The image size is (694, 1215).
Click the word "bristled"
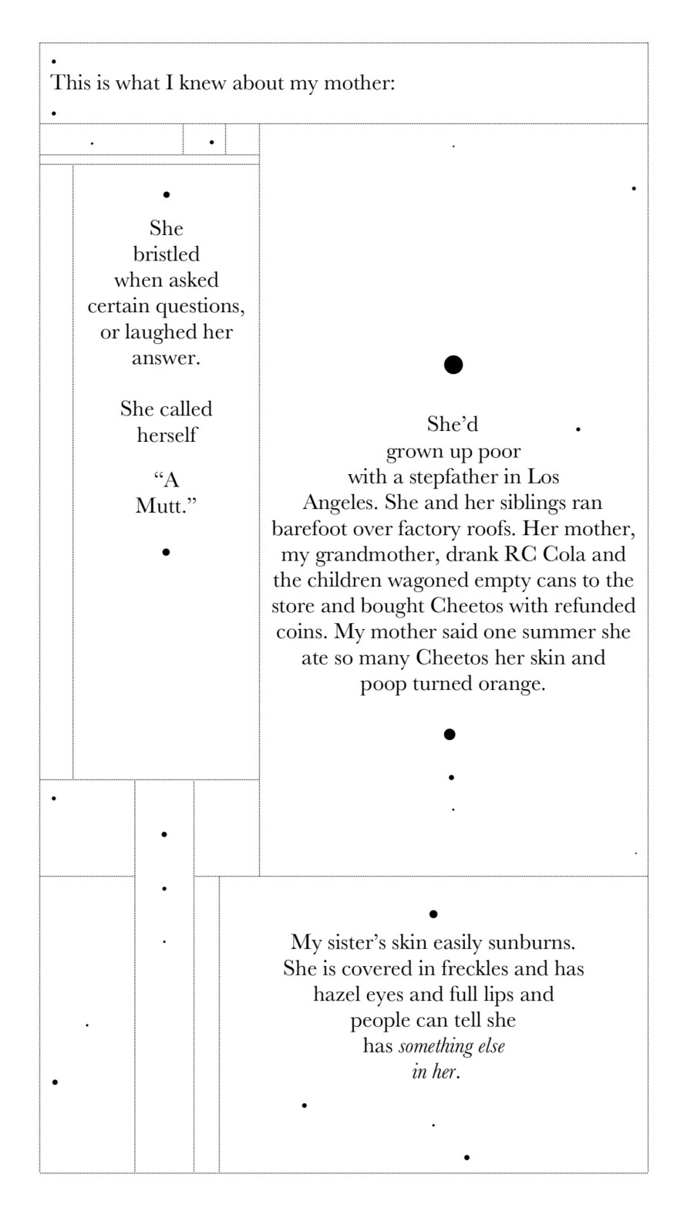(166, 254)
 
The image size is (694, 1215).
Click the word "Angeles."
(340, 503)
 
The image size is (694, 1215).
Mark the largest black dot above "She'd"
(453, 365)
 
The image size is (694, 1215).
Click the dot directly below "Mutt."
(166, 552)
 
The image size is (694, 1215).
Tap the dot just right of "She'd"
(578, 429)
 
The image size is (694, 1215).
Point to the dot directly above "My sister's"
(433, 914)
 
